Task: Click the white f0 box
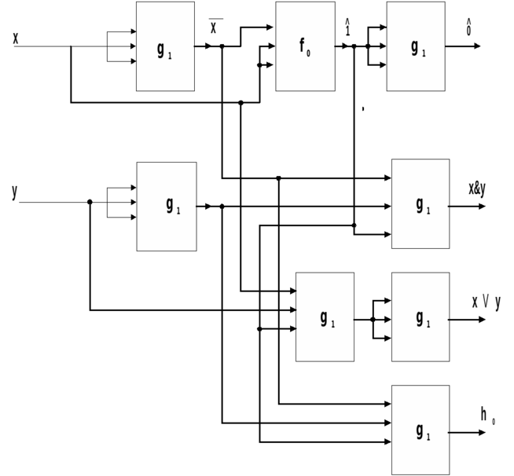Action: tap(305, 46)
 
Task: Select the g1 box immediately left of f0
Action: tap(165, 46)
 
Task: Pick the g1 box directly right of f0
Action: tap(416, 46)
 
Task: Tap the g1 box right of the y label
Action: tap(167, 207)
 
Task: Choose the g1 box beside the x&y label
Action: tap(420, 203)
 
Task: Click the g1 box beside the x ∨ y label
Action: tap(420, 317)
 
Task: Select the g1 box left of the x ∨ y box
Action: tap(325, 317)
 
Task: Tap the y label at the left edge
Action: tap(14, 193)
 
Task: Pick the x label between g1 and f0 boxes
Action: tap(213, 29)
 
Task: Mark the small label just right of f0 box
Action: tap(347, 27)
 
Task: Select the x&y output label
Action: tap(477, 189)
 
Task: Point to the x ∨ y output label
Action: tap(486, 302)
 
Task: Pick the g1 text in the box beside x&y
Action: tap(423, 207)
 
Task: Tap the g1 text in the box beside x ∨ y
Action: tap(423, 319)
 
